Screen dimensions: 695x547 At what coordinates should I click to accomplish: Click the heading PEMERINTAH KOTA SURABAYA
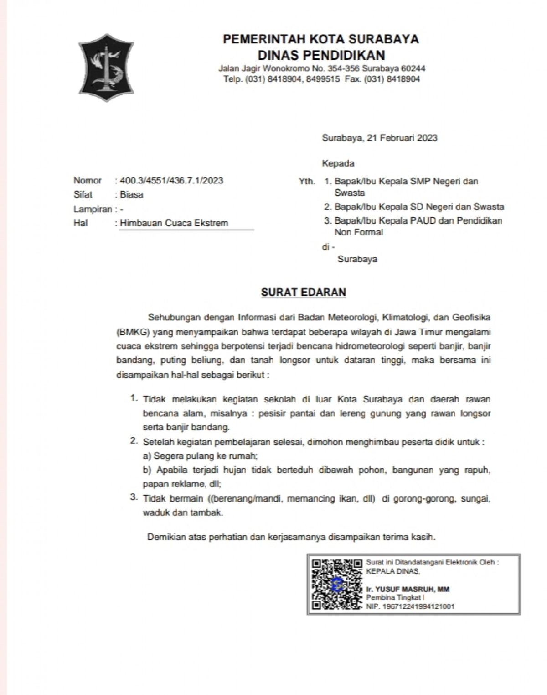(x=321, y=39)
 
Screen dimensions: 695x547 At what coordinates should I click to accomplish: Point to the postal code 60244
(x=413, y=68)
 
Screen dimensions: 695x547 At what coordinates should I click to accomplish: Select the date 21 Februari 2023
(x=402, y=138)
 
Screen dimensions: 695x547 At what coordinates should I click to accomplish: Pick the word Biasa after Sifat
(x=132, y=194)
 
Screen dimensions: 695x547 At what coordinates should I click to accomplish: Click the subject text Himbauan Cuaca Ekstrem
(x=174, y=223)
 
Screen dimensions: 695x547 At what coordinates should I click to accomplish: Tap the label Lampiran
(x=93, y=209)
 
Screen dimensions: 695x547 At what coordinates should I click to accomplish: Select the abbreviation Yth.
(x=307, y=182)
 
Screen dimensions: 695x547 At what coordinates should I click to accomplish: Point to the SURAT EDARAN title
(x=304, y=292)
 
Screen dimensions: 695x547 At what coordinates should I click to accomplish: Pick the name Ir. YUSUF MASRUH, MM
(x=408, y=589)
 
